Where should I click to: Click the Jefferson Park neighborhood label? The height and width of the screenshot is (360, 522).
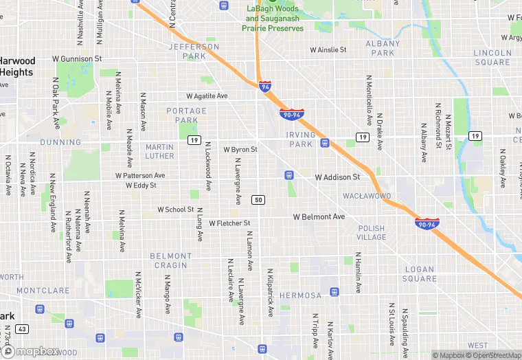pos(194,52)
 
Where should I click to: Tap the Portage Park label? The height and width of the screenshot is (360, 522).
pos(186,115)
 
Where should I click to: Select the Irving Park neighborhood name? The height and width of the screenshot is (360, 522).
pos(301,139)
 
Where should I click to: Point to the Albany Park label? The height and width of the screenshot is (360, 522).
pos(383,48)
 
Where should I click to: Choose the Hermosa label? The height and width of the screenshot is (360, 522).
pos(300,295)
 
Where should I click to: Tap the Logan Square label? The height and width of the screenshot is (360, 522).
pos(420,274)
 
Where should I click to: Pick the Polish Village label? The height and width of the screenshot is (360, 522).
pos(372,232)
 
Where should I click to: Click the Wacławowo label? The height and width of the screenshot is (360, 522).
pos(367,196)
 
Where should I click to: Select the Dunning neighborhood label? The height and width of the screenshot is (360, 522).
pos(60,142)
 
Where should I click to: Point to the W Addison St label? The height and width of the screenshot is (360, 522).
pos(337,177)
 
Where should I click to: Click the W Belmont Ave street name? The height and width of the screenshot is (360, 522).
pos(319,217)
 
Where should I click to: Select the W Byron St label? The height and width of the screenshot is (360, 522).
pos(240,149)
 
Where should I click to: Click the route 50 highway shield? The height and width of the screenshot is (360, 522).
pos(258,200)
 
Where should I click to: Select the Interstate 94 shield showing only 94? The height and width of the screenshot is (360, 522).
pos(265,86)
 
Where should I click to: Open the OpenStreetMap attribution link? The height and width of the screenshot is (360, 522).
pos(492,355)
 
